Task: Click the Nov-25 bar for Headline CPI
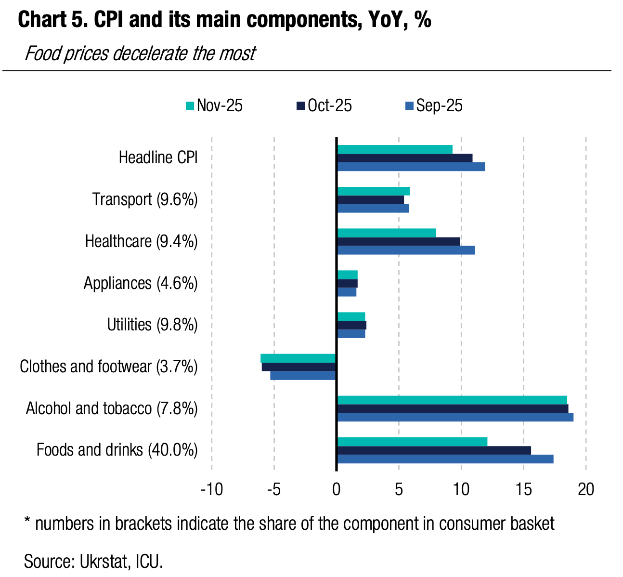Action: point(394,149)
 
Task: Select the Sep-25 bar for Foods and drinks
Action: point(445,459)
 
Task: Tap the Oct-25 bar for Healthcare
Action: point(398,241)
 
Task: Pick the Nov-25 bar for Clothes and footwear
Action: point(298,358)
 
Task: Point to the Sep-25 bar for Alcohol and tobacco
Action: point(455,417)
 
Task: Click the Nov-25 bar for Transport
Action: point(373,191)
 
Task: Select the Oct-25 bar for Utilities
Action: point(351,325)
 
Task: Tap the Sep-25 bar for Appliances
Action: point(346,292)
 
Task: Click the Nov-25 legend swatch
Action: point(190,106)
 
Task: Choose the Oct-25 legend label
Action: point(330,105)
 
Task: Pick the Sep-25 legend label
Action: point(439,105)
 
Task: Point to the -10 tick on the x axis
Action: point(212,489)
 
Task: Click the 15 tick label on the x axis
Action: point(523,489)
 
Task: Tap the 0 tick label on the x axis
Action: point(336,489)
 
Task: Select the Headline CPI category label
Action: point(158,157)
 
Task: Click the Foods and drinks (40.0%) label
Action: point(117,450)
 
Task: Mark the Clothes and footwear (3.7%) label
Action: point(109,367)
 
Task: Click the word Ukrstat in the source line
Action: point(104,561)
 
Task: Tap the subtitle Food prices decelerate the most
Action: point(140,53)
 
